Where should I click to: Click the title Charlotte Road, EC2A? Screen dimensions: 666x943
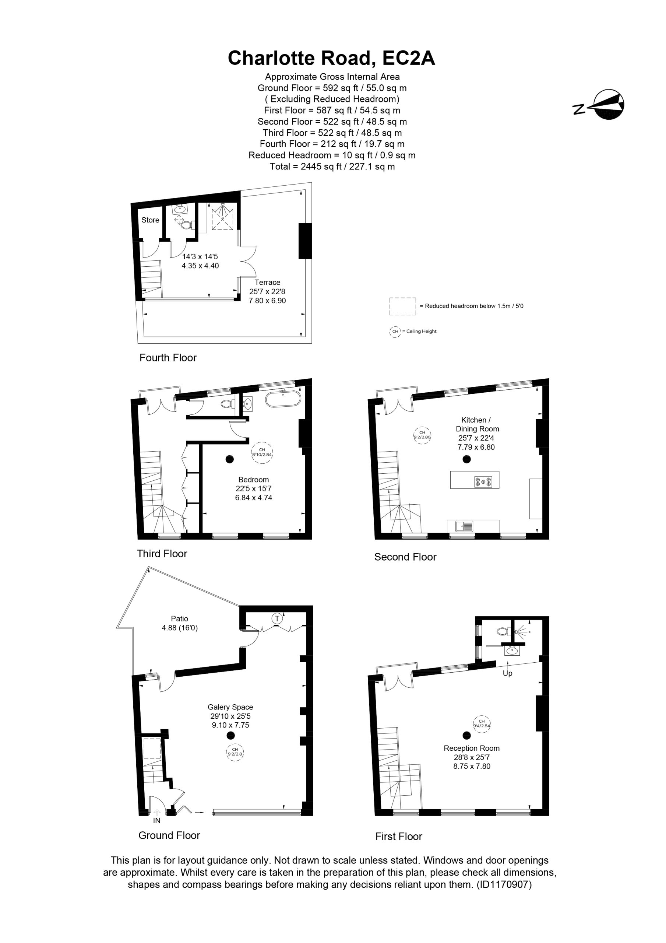(331, 58)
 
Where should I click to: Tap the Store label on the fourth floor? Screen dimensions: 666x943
(150, 220)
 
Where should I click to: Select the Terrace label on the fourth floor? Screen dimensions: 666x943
(267, 283)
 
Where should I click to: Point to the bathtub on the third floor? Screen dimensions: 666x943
(283, 399)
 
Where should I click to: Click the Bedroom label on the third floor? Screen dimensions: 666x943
(254, 480)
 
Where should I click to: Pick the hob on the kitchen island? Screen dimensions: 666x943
(484, 482)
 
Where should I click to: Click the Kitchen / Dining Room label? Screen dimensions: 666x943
(478, 424)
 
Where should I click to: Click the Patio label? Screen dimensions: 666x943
(179, 618)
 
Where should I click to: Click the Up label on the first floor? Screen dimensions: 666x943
(507, 674)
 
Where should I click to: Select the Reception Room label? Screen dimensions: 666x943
(472, 748)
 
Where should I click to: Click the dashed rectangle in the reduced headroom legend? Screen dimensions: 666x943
(402, 306)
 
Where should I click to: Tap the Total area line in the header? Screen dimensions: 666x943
(332, 166)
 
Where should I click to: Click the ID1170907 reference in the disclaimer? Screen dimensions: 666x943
(504, 884)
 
